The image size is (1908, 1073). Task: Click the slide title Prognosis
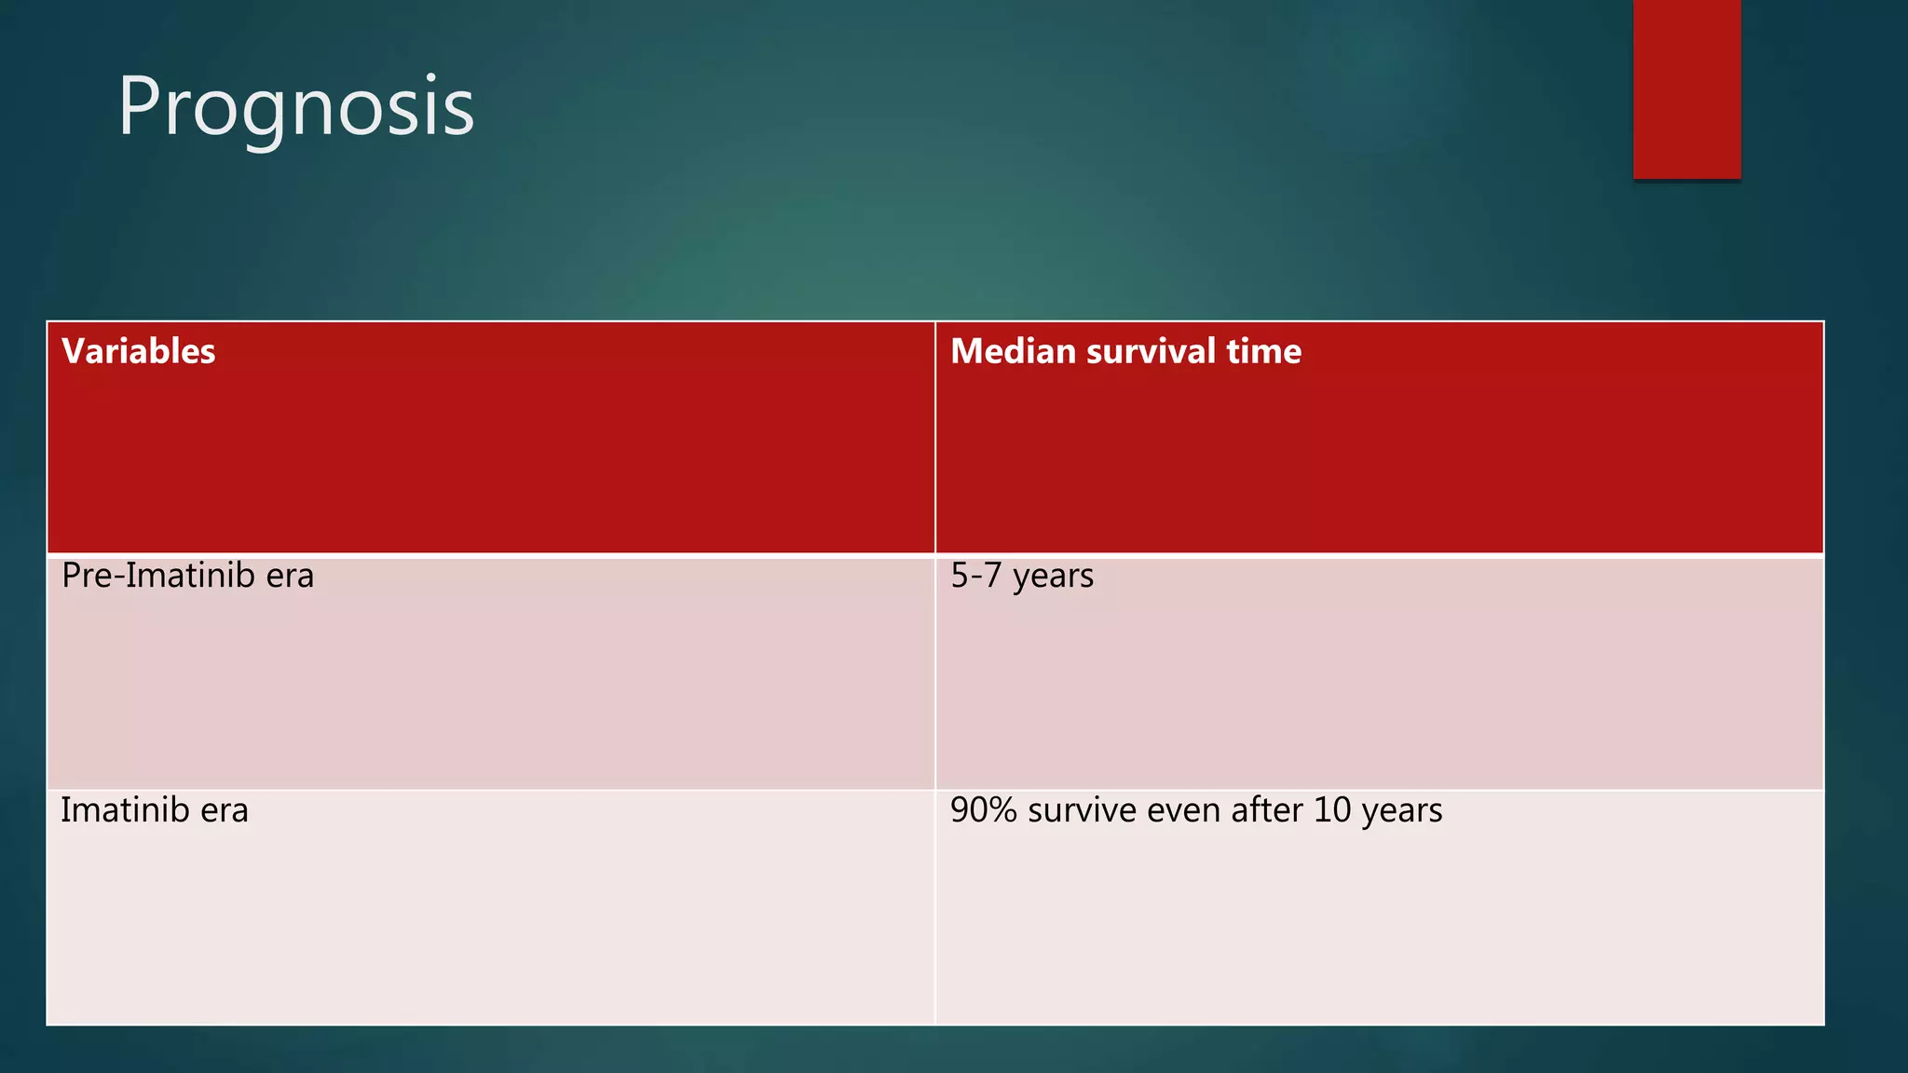(x=295, y=106)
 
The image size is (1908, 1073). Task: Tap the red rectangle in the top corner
(x=1686, y=88)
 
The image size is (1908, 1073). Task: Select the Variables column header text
(x=139, y=351)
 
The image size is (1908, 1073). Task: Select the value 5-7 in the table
(x=975, y=576)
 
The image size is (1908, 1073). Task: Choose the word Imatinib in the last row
(x=125, y=810)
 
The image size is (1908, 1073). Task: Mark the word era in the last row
(x=225, y=810)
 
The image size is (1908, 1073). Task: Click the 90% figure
(x=984, y=810)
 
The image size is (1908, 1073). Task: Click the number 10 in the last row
(x=1332, y=810)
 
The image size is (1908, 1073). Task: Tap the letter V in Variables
(x=74, y=351)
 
